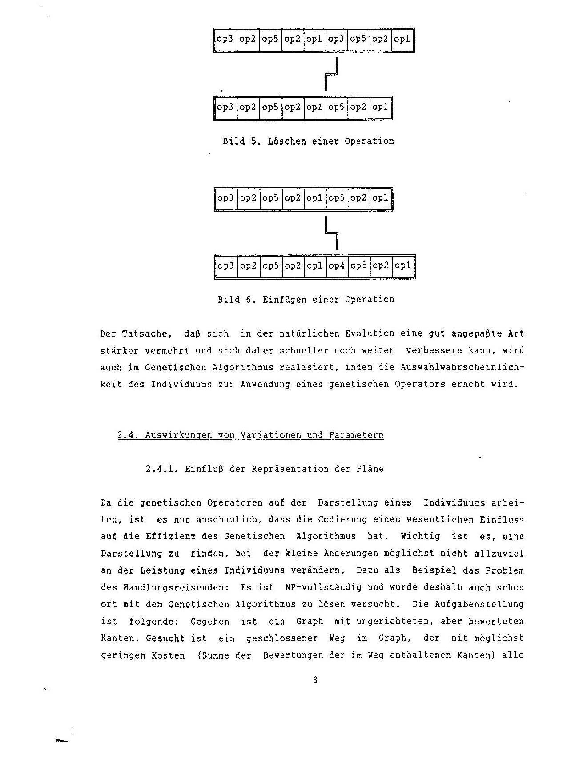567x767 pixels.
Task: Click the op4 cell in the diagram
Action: pyautogui.click(x=337, y=266)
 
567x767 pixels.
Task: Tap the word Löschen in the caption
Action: pyautogui.click(x=287, y=141)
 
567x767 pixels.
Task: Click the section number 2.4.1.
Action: pyautogui.click(x=162, y=469)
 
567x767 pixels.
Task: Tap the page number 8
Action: pyautogui.click(x=315, y=680)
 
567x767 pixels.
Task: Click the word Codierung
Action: pyautogui.click(x=342, y=520)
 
